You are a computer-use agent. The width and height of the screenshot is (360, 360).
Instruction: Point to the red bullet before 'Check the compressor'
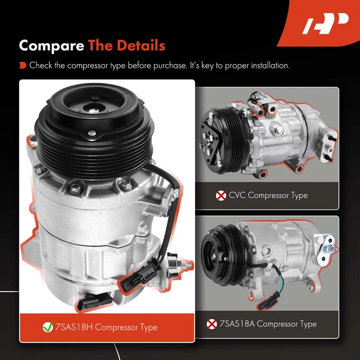(x=22, y=65)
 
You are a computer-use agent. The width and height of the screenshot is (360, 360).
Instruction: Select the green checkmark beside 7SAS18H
(x=47, y=328)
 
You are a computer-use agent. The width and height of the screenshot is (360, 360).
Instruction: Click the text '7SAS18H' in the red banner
(x=76, y=328)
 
